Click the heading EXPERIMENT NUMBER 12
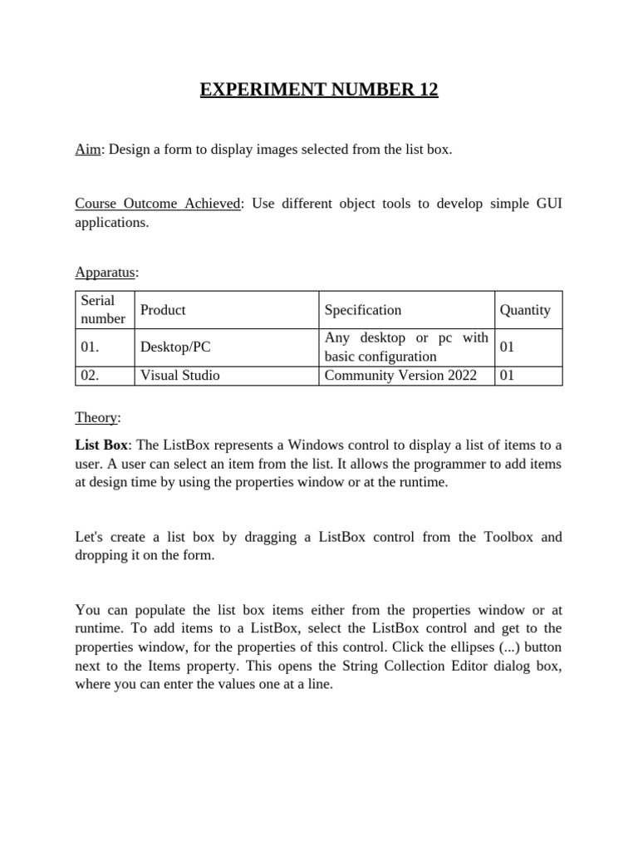(x=319, y=89)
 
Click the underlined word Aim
(x=87, y=150)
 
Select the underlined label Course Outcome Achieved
(x=158, y=204)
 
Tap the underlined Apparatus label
(x=106, y=272)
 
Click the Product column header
(x=163, y=310)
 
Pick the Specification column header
(x=363, y=310)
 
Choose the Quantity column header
(x=525, y=310)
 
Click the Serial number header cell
(x=103, y=309)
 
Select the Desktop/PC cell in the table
(x=175, y=347)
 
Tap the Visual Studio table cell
(x=180, y=376)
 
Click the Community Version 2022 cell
(x=400, y=376)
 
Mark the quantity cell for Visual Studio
(x=508, y=376)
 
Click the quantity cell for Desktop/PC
(x=508, y=347)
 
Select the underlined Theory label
(x=96, y=417)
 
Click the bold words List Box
(x=101, y=445)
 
